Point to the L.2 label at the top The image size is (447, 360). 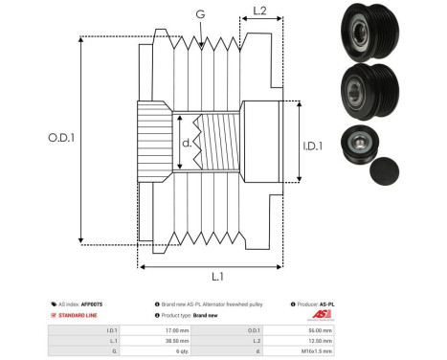coord(259,12)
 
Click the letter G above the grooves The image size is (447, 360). coord(199,14)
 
